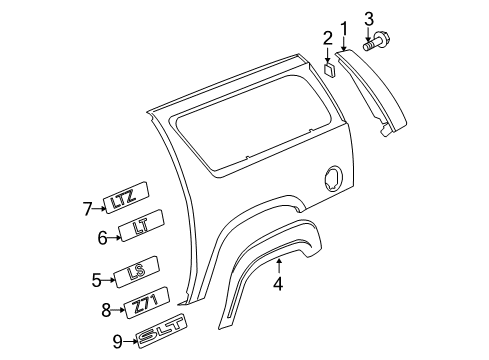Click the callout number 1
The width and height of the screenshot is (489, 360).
pyautogui.click(x=343, y=28)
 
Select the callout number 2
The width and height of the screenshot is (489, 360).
pyautogui.click(x=326, y=40)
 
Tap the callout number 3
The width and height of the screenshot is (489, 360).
pyautogui.click(x=369, y=18)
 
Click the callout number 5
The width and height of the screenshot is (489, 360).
pyautogui.click(x=97, y=281)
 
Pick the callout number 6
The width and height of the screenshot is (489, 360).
pyautogui.click(x=102, y=237)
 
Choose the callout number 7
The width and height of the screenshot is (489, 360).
pyautogui.click(x=87, y=208)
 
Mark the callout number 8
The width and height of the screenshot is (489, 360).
pyautogui.click(x=108, y=311)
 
